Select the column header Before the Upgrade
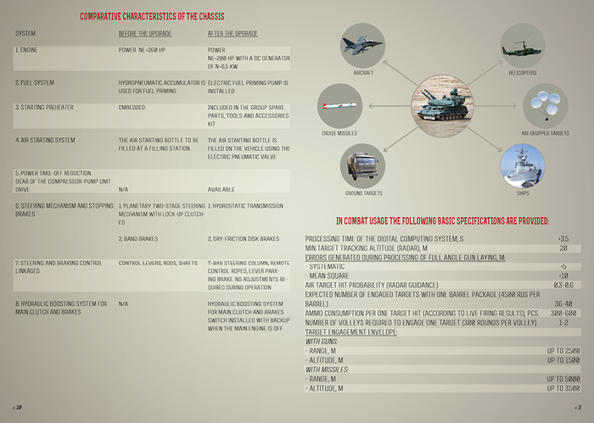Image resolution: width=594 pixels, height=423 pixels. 145,33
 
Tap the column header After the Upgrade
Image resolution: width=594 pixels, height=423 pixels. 232,33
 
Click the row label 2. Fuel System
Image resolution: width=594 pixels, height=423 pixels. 35,81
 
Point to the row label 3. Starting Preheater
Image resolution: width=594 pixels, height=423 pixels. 42,108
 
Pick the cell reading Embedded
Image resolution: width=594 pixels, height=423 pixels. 132,108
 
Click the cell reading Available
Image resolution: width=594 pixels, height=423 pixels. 221,189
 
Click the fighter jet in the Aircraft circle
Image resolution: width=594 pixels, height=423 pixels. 363,47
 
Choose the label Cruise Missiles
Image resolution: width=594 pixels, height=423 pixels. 339,134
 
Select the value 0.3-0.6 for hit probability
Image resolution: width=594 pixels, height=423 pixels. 563,285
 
